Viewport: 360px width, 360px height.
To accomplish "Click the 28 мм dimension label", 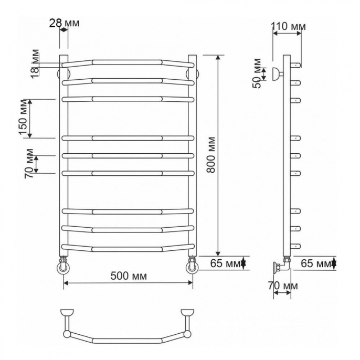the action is [64, 23].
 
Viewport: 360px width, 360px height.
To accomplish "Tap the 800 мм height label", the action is [211, 155].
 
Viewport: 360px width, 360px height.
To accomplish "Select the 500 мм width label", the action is [129, 276].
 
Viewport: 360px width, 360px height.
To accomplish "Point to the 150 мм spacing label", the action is [24, 118].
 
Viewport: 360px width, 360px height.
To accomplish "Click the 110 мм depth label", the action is [289, 26].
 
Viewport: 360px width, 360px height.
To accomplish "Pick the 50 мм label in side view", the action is [257, 73].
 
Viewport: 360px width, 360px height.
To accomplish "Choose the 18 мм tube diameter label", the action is [35, 64].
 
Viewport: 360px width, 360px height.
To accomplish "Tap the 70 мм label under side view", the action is [283, 286].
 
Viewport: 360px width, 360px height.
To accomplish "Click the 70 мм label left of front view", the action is [29, 164].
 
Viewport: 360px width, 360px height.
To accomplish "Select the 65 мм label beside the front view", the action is [225, 263].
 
